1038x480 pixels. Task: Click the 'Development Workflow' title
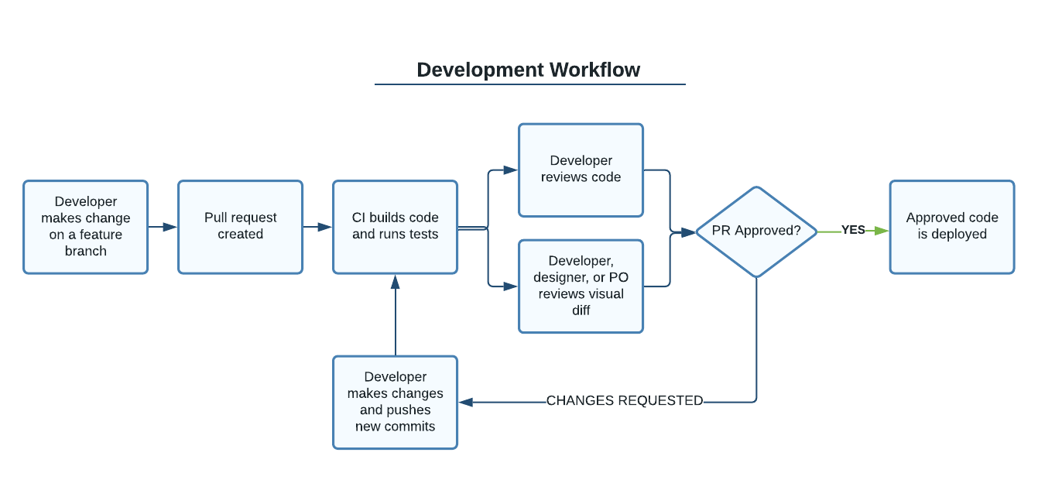(x=528, y=70)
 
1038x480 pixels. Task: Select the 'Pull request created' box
(x=241, y=227)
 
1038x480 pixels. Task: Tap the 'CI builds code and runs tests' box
(x=396, y=227)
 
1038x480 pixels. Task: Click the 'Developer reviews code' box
(x=581, y=170)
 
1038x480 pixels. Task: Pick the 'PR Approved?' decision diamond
(x=756, y=231)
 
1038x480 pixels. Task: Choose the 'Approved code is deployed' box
(x=952, y=227)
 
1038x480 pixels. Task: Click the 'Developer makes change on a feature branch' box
(x=86, y=227)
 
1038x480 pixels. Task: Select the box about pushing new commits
(x=396, y=403)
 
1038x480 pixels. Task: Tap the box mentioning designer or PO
(x=581, y=286)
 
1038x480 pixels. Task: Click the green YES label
(x=853, y=230)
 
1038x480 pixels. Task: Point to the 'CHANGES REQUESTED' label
(x=625, y=400)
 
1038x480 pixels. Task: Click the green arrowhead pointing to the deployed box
(x=882, y=231)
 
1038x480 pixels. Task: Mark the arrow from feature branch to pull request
(x=163, y=227)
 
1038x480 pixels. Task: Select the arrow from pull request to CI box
(x=318, y=227)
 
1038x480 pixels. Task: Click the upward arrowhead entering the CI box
(x=396, y=282)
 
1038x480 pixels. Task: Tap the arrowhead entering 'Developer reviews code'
(x=511, y=170)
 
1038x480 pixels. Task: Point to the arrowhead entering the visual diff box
(x=511, y=286)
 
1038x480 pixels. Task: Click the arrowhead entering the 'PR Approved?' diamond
(x=689, y=232)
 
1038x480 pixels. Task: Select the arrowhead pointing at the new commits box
(x=466, y=402)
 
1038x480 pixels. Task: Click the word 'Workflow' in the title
(x=595, y=70)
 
